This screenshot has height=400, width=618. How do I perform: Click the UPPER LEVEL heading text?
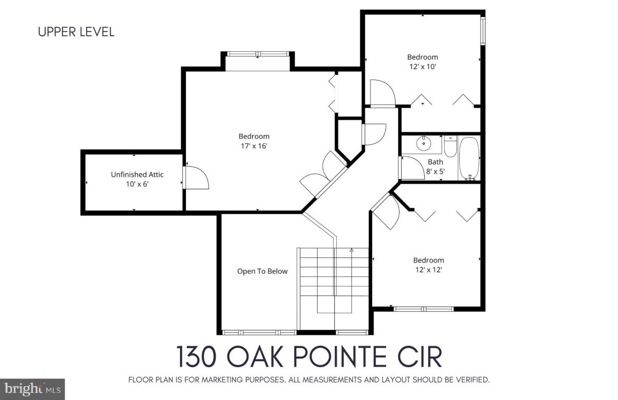click(x=76, y=32)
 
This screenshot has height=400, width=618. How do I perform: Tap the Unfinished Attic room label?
click(x=137, y=174)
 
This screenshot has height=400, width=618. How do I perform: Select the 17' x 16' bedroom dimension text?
click(x=254, y=146)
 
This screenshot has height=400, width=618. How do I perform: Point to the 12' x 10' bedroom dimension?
click(x=422, y=67)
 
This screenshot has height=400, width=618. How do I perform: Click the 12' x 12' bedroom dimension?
click(x=428, y=269)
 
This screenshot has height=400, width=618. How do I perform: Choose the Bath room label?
click(x=435, y=162)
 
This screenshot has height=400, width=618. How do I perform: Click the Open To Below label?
click(x=262, y=271)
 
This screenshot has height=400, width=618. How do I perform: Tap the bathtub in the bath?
click(x=469, y=158)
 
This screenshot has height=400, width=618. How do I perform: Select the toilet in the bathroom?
click(x=450, y=147)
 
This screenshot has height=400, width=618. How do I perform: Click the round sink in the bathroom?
click(x=423, y=144)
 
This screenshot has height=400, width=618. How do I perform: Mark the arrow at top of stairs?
click(x=352, y=250)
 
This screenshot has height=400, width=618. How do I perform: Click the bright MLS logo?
click(x=32, y=389)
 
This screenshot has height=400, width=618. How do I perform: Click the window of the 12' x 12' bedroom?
click(x=423, y=309)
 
